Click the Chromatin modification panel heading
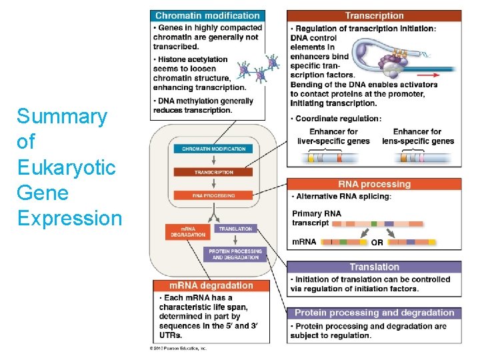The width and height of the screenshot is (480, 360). point(207,15)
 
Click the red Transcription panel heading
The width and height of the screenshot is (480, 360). point(374,15)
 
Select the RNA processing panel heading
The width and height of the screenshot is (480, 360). point(374,184)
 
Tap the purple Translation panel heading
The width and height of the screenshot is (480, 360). point(374,267)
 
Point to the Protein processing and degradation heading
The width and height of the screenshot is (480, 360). point(374,313)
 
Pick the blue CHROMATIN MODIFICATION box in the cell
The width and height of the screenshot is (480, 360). point(214,149)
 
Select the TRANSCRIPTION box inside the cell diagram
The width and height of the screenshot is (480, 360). point(214,172)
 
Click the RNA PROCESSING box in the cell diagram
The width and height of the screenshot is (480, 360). point(214,195)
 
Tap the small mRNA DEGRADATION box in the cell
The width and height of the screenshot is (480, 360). point(183,231)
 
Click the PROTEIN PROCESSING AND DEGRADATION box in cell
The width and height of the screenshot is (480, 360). point(235,254)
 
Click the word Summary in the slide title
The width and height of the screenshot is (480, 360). point(62,117)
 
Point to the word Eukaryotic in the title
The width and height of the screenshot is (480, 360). point(66,167)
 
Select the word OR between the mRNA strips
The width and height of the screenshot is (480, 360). point(377,243)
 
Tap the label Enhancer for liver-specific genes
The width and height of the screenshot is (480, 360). point(334,137)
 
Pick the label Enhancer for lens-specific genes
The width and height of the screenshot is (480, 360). point(417,137)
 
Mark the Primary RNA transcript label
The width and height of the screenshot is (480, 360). point(317,218)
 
